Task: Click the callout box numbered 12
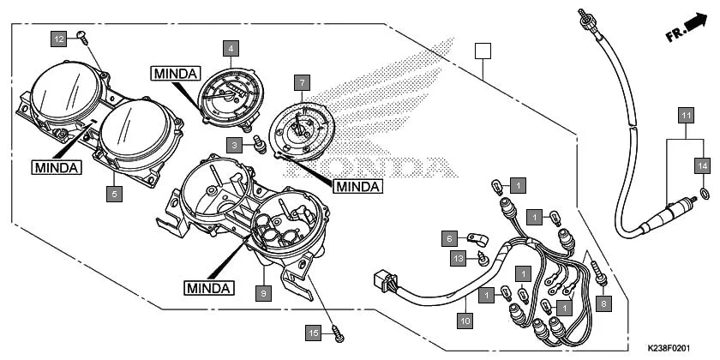pos(58,39)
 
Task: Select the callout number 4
pos(231,49)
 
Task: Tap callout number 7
pos(301,83)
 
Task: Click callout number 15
pos(315,331)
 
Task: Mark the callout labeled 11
pos(685,115)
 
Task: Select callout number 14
pos(703,165)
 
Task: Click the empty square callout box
pos(483,50)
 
